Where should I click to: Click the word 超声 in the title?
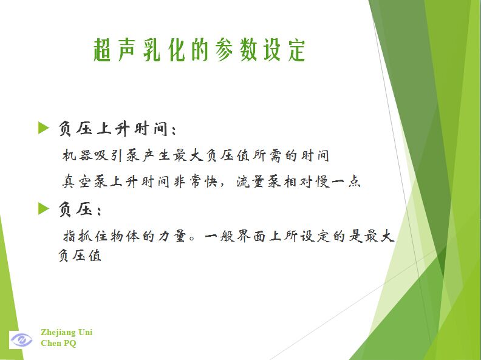[x=114, y=50]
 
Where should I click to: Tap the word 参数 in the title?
[x=236, y=50]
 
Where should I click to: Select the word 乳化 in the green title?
[x=163, y=50]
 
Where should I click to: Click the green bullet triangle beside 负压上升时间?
[x=44, y=127]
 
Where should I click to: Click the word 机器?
[x=77, y=155]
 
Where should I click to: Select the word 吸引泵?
[x=117, y=155]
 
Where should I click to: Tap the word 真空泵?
[x=85, y=182]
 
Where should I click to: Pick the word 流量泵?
[x=259, y=182]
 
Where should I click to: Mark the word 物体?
[x=125, y=236]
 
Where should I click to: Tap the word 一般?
[x=219, y=236]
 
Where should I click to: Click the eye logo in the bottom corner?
[x=21, y=340]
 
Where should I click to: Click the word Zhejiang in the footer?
[x=58, y=333]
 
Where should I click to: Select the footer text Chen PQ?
[x=58, y=343]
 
